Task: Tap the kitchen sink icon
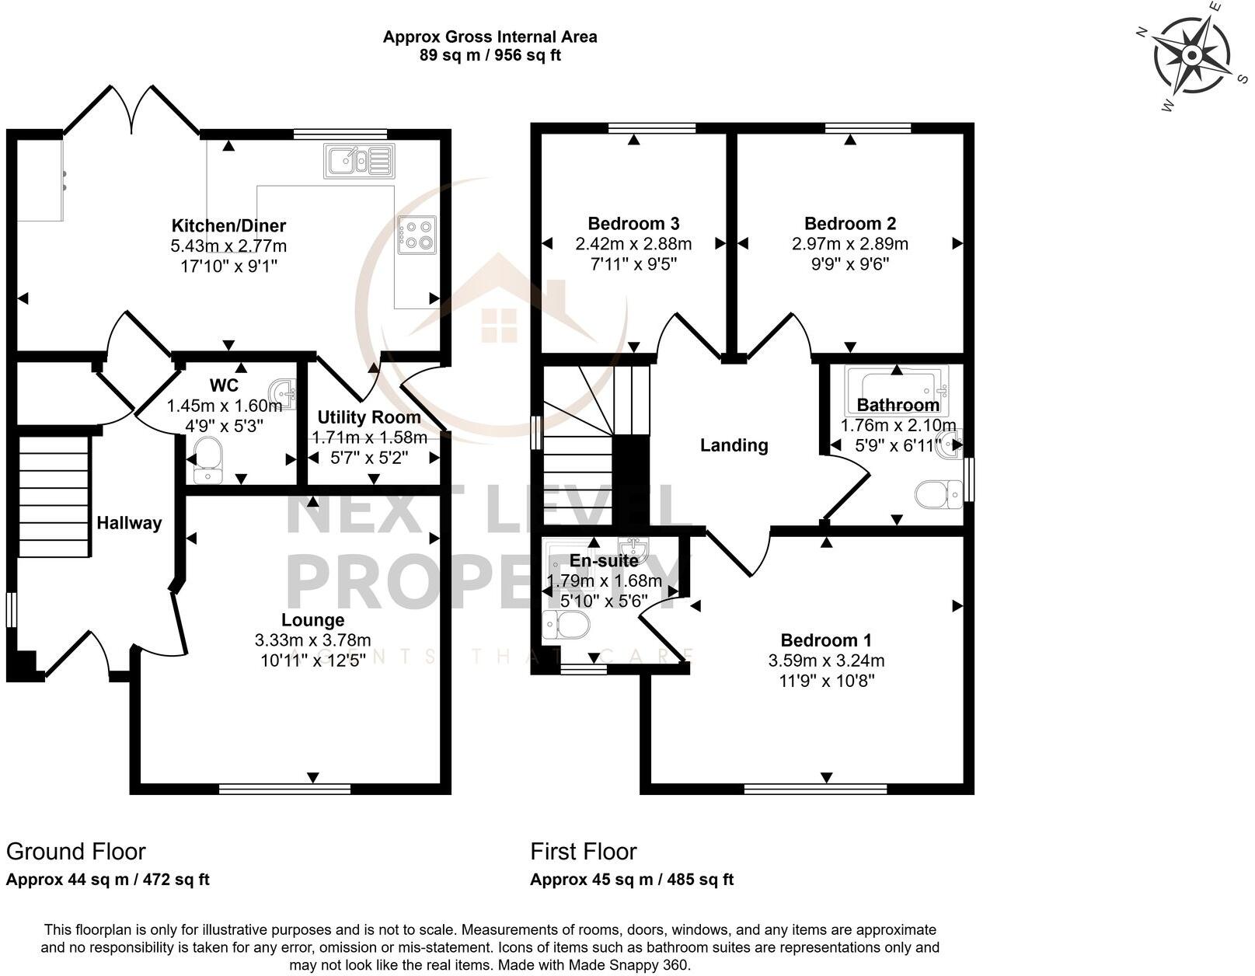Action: (358, 162)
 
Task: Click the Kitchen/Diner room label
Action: (228, 226)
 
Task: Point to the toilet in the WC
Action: (205, 458)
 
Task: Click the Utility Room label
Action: (369, 417)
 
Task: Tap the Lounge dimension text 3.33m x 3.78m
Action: (312, 641)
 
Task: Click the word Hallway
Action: (129, 523)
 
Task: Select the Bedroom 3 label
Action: (633, 224)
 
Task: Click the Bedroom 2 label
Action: (850, 224)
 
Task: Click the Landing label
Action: (734, 445)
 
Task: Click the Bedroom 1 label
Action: (826, 640)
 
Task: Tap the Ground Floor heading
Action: (75, 852)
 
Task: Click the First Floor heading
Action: (584, 852)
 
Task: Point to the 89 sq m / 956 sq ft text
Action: (490, 55)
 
